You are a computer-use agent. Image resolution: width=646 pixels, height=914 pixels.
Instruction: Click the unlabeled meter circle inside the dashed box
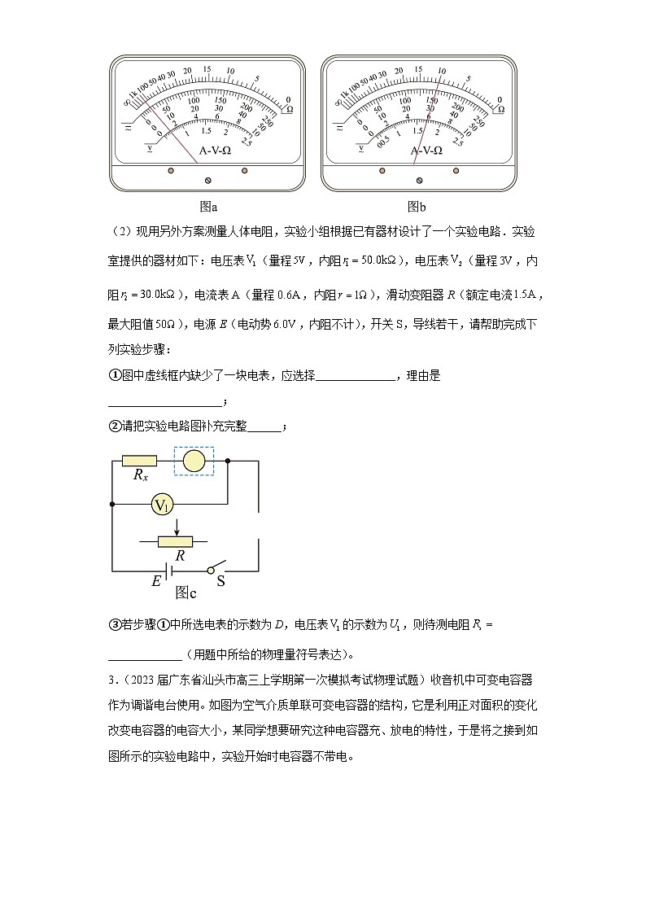pyautogui.click(x=194, y=461)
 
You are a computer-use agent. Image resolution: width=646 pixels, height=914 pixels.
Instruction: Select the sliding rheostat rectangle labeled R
pyautogui.click(x=176, y=541)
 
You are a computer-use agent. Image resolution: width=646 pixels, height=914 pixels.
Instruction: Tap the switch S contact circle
pyautogui.click(x=211, y=571)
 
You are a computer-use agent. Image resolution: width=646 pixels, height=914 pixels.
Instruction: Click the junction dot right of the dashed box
pyautogui.click(x=227, y=461)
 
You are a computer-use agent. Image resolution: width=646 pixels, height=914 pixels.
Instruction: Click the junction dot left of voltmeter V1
pyautogui.click(x=111, y=505)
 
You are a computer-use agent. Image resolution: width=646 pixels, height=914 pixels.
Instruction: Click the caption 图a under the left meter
pyautogui.click(x=208, y=207)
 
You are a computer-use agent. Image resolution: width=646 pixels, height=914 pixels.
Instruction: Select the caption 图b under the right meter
pyautogui.click(x=417, y=207)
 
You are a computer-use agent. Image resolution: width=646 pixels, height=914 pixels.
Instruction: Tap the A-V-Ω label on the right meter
pyautogui.click(x=426, y=151)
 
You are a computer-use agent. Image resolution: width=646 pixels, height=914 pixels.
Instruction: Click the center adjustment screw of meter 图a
pyautogui.click(x=207, y=179)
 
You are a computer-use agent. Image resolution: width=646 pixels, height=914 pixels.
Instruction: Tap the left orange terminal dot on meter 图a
pyautogui.click(x=171, y=172)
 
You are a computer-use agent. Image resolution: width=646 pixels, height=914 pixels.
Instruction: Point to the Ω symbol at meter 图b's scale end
pyautogui.click(x=500, y=108)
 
